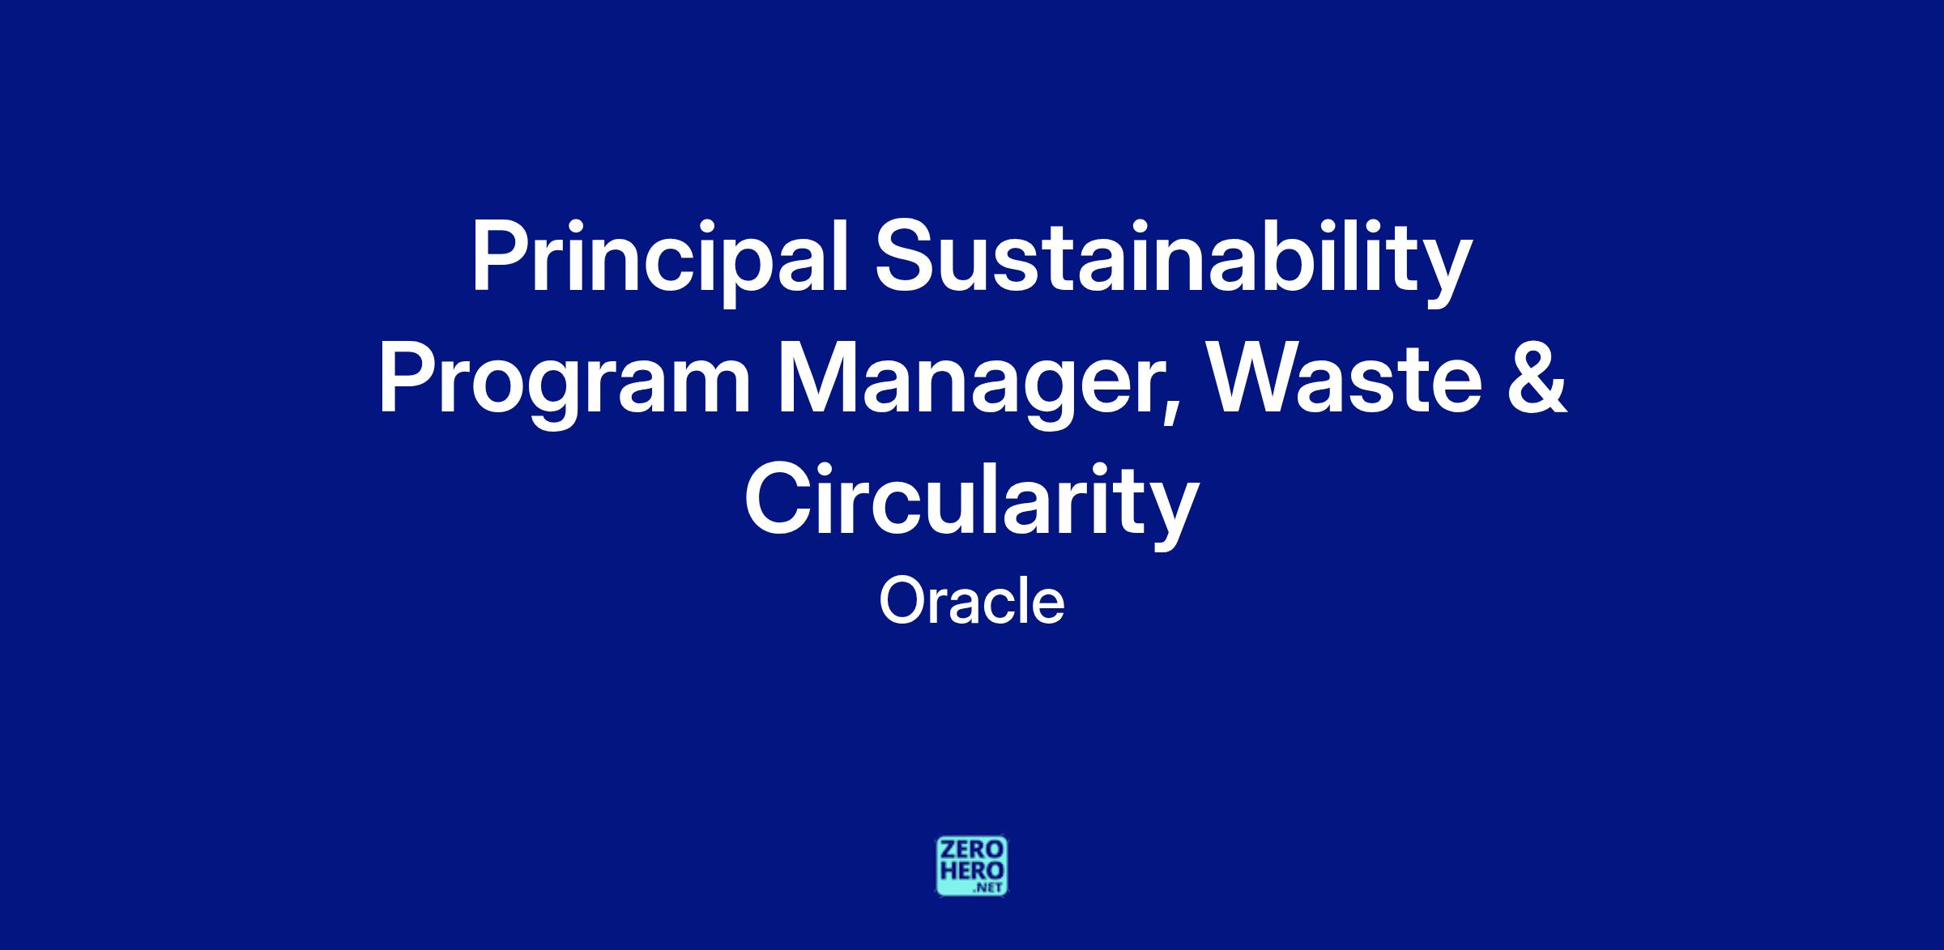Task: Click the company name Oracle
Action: (x=971, y=603)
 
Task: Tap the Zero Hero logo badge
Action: (x=972, y=867)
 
